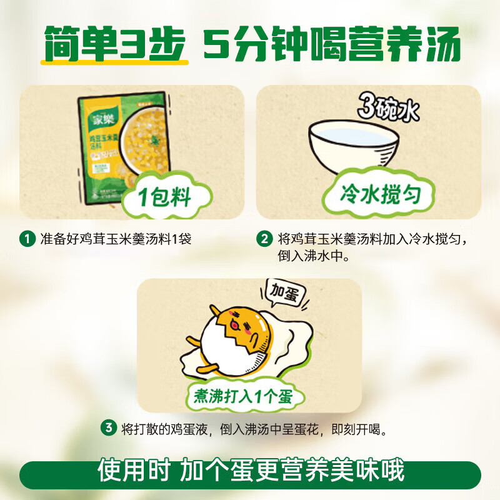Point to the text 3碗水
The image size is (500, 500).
pyautogui.click(x=387, y=111)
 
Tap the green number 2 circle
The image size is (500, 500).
pyautogui.click(x=265, y=239)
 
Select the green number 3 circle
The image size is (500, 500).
pyautogui.click(x=109, y=429)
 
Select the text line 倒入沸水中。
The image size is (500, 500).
pyautogui.click(x=313, y=256)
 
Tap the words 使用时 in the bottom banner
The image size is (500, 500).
pyautogui.click(x=131, y=470)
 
